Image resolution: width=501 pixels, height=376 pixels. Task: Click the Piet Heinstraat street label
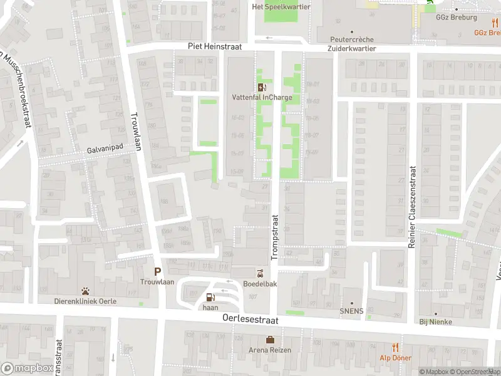coord(214,47)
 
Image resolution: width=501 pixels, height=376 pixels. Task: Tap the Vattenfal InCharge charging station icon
coord(261,87)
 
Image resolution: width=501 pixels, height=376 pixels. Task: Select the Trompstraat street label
coord(274,235)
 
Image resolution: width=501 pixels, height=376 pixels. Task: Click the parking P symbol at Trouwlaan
coord(158,271)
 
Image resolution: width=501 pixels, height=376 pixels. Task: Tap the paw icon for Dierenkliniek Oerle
coord(85,291)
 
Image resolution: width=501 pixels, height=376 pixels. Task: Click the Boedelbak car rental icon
coord(259,273)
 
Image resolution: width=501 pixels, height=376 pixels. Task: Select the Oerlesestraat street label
coord(250,319)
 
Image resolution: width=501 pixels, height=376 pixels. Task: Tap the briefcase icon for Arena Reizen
coord(270,340)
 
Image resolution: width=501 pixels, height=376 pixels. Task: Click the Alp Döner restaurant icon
coord(395,347)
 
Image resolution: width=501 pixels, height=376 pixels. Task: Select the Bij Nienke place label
coord(436,321)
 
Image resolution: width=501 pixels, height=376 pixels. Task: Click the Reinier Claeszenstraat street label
coord(412,207)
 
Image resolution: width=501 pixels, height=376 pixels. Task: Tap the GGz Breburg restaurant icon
coord(495,23)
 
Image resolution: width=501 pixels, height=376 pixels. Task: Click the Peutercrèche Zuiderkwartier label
coord(351,43)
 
